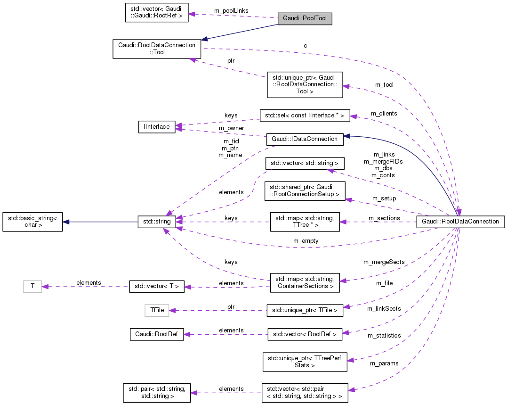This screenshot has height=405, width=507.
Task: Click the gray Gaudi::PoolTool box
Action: pyautogui.click(x=305, y=19)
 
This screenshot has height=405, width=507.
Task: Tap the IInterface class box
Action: pyautogui.click(x=157, y=127)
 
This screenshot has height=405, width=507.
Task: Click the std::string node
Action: pyautogui.click(x=157, y=221)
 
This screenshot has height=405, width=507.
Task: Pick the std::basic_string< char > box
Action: pyautogui.click(x=32, y=222)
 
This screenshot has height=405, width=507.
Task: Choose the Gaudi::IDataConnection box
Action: pyautogui.click(x=305, y=139)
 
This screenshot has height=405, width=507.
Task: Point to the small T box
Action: pyautogui.click(x=32, y=286)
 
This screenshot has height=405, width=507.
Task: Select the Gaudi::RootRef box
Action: pyautogui.click(x=157, y=334)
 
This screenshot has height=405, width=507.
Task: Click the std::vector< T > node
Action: pyautogui.click(x=157, y=286)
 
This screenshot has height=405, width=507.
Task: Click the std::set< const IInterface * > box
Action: pyautogui.click(x=305, y=116)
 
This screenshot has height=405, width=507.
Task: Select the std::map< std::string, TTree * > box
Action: pyautogui.click(x=305, y=222)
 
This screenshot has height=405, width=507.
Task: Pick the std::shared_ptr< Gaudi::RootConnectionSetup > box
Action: pyautogui.click(x=305, y=190)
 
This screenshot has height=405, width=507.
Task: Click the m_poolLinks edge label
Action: pyautogui.click(x=231, y=10)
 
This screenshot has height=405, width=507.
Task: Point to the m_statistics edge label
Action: pyautogui.click(x=384, y=335)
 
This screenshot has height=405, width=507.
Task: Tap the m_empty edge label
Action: pyautogui.click(x=306, y=240)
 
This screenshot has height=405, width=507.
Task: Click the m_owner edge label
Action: pyautogui.click(x=231, y=128)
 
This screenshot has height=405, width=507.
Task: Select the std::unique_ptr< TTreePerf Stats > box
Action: pyautogui.click(x=305, y=361)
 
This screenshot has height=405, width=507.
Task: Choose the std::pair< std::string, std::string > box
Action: pyautogui.click(x=157, y=393)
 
